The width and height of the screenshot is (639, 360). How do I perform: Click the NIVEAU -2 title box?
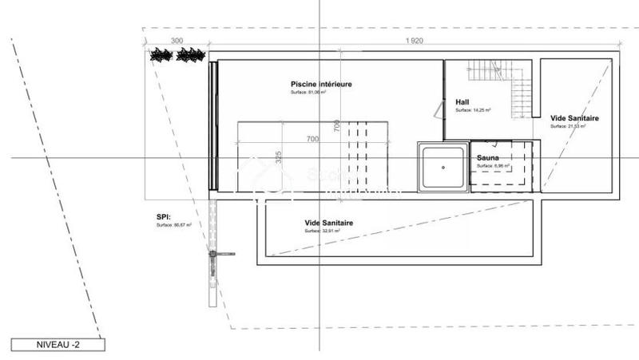(58, 345)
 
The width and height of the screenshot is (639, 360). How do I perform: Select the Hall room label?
(462, 102)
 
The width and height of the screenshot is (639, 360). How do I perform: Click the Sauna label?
(488, 158)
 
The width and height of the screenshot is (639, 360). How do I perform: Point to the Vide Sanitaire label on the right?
(574, 118)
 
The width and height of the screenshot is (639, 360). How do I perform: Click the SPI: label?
(165, 216)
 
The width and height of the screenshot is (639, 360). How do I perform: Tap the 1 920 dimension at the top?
(414, 41)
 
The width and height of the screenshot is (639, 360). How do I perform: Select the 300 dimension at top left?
(177, 41)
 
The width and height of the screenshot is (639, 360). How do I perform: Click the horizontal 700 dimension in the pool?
(312, 140)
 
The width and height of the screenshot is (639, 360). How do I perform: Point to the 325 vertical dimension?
(279, 156)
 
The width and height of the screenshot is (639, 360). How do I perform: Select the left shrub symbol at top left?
(162, 55)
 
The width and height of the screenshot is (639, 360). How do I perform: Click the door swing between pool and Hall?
(439, 111)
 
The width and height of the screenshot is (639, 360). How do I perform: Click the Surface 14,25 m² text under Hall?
(473, 110)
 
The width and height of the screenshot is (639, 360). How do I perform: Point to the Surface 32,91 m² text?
(322, 231)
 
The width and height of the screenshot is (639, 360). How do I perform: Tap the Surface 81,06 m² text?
(308, 93)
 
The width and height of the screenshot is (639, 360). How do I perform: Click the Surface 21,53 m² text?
(568, 126)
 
